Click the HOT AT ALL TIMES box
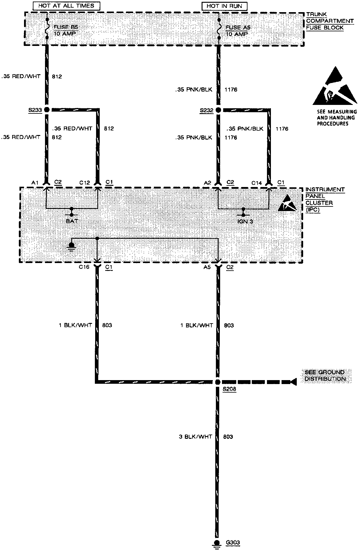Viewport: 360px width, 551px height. click(x=66, y=5)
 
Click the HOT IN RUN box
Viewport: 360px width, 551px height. click(x=224, y=6)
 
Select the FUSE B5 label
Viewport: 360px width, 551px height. click(x=66, y=27)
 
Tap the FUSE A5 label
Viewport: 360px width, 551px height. click(x=238, y=27)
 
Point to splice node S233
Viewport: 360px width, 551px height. click(x=47, y=109)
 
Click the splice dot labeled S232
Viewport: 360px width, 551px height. click(x=218, y=110)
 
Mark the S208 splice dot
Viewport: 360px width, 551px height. click(x=218, y=382)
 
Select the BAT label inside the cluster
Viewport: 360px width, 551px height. click(x=72, y=221)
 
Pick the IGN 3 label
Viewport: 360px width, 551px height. click(x=245, y=221)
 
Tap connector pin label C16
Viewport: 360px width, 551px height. click(x=84, y=267)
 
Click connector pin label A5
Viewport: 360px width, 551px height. click(x=207, y=267)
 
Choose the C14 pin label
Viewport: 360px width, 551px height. click(x=257, y=183)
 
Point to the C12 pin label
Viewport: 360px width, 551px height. click(x=85, y=182)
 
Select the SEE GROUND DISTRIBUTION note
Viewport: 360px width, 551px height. click(x=325, y=375)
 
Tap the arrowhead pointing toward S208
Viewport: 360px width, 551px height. click(x=293, y=382)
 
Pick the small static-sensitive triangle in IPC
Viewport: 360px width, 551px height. click(x=287, y=204)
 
